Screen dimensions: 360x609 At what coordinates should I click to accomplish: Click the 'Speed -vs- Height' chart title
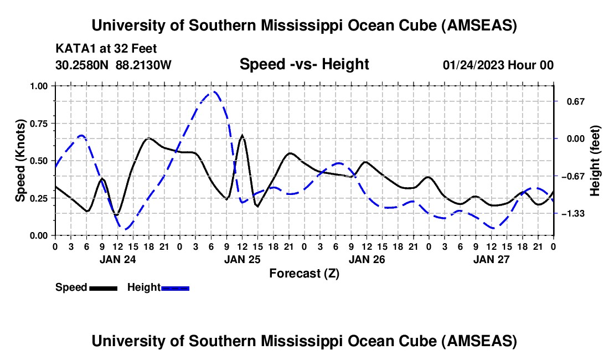(x=304, y=64)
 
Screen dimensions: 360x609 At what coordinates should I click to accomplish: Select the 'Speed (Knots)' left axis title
(x=20, y=161)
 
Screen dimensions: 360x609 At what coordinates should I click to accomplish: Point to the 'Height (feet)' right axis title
(x=595, y=161)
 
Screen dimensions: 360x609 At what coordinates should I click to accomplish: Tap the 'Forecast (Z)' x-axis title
(x=304, y=273)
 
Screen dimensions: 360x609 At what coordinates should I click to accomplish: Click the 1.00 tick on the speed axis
(x=39, y=86)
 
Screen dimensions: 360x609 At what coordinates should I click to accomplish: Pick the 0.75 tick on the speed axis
(x=39, y=124)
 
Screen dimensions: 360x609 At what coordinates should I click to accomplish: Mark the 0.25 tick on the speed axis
(x=39, y=198)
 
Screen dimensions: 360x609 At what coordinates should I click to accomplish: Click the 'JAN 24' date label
(x=117, y=259)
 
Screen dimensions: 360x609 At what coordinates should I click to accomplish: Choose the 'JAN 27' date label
(x=492, y=259)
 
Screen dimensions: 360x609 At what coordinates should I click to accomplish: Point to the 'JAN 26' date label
(x=367, y=259)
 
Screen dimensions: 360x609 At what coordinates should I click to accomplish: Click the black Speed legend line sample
(x=103, y=287)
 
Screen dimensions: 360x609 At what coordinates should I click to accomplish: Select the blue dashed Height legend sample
(x=175, y=287)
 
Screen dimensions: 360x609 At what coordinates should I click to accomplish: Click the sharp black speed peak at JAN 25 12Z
(x=242, y=135)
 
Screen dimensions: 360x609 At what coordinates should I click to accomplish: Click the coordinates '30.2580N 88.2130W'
(x=113, y=65)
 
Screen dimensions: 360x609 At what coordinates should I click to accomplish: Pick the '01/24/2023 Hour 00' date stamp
(x=498, y=65)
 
